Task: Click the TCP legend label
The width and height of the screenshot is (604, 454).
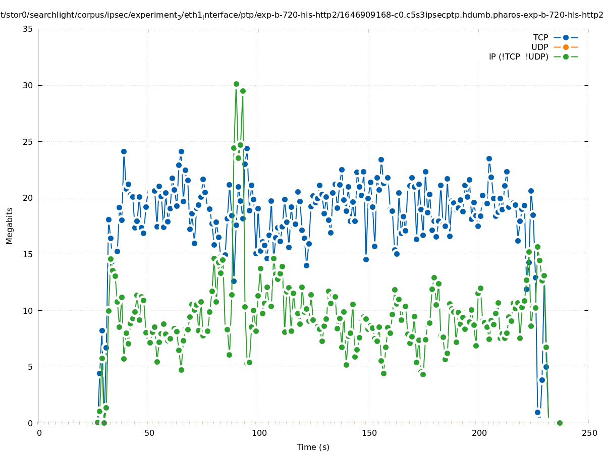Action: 540,37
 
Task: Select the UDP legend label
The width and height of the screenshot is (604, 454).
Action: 539,47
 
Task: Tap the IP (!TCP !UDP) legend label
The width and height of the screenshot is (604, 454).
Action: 518,56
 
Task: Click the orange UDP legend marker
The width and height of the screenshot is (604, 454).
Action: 566,47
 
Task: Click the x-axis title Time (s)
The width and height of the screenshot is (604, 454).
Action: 313,447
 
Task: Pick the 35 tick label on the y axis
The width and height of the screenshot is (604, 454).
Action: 28,29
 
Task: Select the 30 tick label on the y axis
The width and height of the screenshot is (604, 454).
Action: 28,85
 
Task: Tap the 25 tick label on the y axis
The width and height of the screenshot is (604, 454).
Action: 28,142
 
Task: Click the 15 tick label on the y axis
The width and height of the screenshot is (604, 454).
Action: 28,254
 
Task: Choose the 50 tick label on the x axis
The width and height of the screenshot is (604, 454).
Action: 149,433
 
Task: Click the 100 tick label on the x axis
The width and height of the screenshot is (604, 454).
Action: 258,433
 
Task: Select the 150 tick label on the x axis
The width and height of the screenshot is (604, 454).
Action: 368,433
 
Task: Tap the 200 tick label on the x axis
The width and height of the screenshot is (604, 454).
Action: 478,433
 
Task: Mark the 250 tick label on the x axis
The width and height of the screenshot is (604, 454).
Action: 588,433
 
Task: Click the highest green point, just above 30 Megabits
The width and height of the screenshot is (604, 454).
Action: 236,84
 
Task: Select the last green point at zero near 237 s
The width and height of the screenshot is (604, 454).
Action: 560,423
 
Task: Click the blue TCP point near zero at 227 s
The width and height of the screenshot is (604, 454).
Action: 537,412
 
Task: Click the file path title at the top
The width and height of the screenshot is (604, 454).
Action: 302,15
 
